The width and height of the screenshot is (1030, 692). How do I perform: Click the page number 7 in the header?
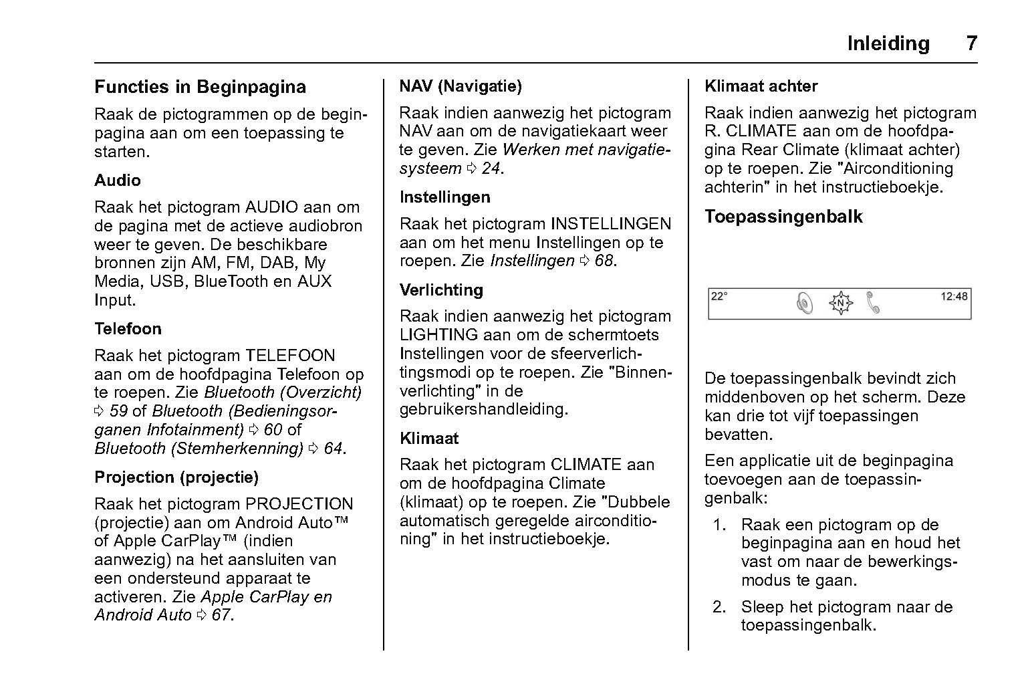[x=971, y=43]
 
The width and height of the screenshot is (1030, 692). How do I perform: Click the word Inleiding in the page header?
[x=888, y=43]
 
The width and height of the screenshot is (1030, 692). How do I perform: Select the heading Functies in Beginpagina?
[x=200, y=87]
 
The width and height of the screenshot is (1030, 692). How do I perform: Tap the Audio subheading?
[x=117, y=181]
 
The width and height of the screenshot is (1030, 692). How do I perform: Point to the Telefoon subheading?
[x=128, y=329]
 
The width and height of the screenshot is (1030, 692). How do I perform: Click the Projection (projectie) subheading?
[x=176, y=477]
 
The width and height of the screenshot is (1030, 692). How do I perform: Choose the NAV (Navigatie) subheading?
[x=460, y=86]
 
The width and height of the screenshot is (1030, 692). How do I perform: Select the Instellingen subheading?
[x=444, y=197]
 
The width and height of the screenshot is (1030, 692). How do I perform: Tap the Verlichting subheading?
[x=441, y=290]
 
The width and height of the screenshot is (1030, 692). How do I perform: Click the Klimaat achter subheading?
[x=761, y=86]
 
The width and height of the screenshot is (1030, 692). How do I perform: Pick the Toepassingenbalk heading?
[x=783, y=217]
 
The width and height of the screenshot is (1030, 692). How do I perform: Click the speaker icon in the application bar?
[x=805, y=304]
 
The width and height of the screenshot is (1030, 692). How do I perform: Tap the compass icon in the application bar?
[x=840, y=304]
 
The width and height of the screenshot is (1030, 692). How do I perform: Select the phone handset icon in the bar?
[x=872, y=303]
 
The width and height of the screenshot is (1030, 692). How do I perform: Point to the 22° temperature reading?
[x=719, y=296]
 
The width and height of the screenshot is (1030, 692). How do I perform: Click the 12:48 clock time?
[x=954, y=296]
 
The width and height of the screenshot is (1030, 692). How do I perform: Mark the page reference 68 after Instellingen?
[x=604, y=261]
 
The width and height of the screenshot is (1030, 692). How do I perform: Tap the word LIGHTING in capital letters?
[x=438, y=335]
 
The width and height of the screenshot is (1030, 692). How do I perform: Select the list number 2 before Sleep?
[x=719, y=607]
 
